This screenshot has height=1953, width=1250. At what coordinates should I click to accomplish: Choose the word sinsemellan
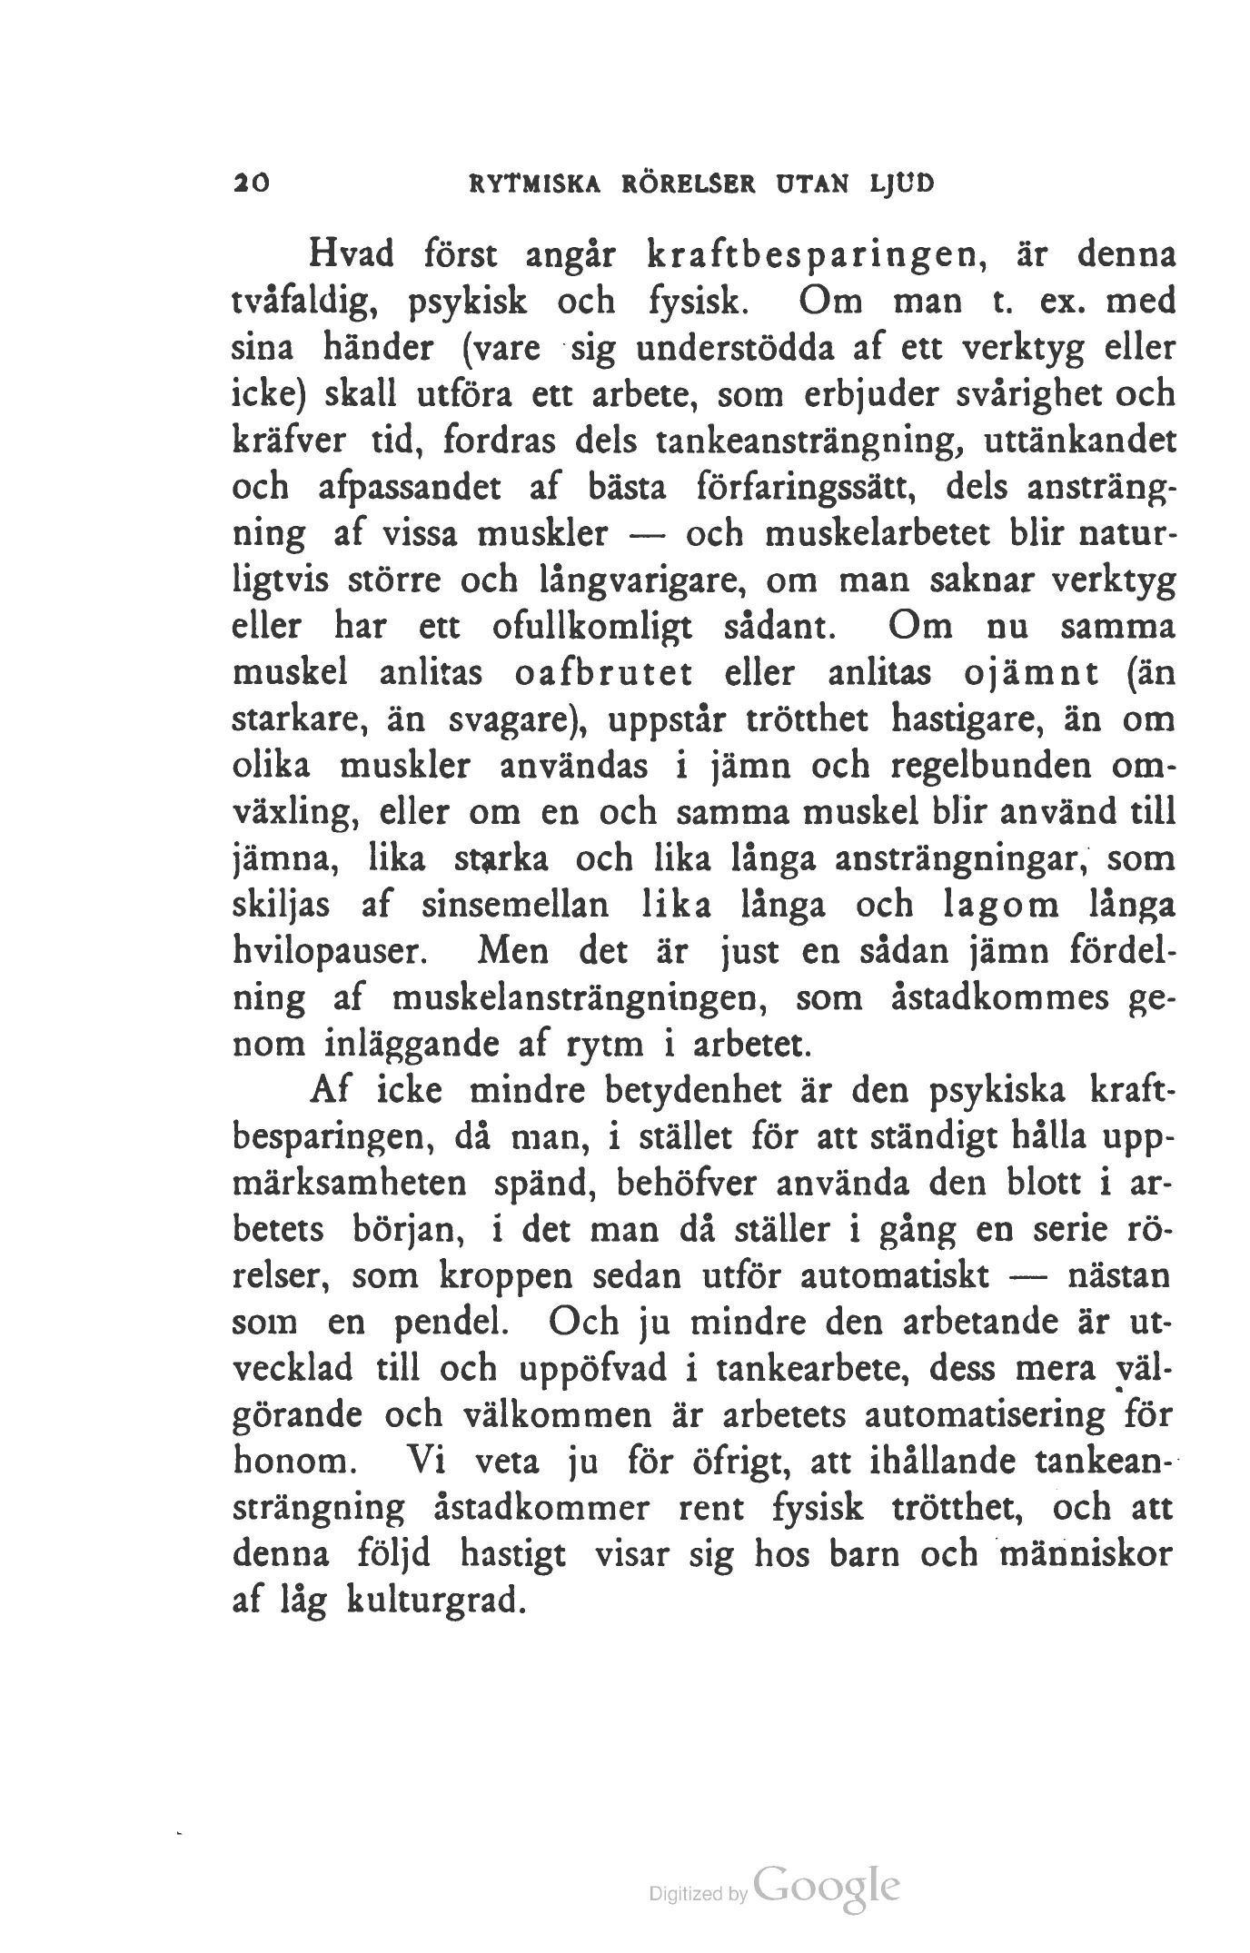click(513, 907)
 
